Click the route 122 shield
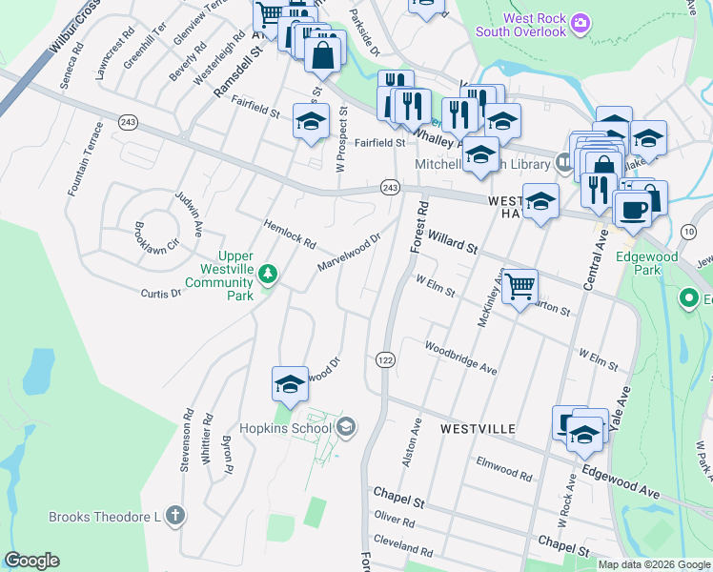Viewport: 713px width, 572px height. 385,359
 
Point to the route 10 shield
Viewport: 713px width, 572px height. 689,232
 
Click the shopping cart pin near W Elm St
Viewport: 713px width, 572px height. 519,285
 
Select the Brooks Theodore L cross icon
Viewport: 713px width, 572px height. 173,516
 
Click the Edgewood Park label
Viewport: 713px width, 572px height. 647,263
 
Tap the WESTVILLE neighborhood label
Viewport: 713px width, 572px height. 479,430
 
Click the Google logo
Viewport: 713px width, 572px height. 31,561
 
